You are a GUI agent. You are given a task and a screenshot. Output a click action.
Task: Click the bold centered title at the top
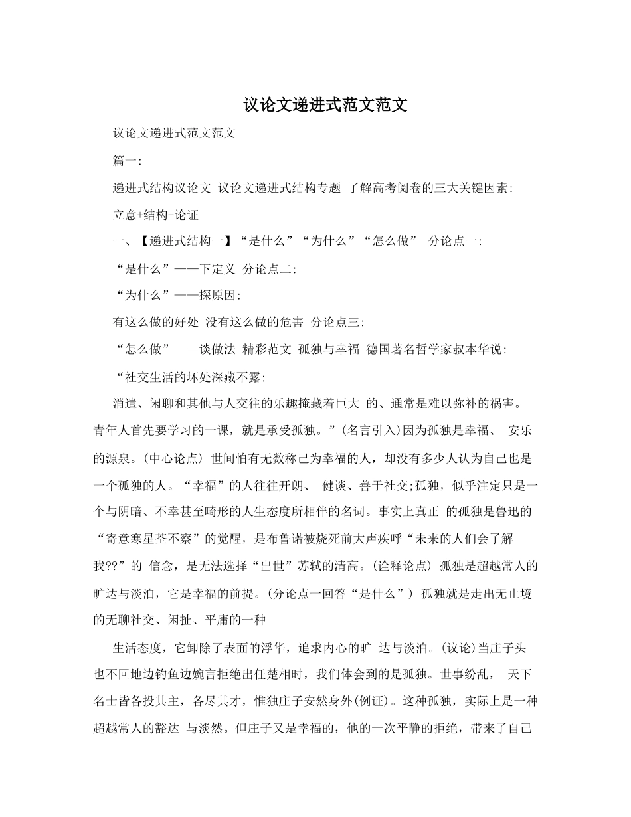(325, 105)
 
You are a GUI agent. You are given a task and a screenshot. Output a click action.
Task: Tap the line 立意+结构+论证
(156, 215)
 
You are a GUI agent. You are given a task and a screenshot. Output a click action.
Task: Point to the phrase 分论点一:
(456, 242)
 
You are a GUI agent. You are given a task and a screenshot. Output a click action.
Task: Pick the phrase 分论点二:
(270, 269)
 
